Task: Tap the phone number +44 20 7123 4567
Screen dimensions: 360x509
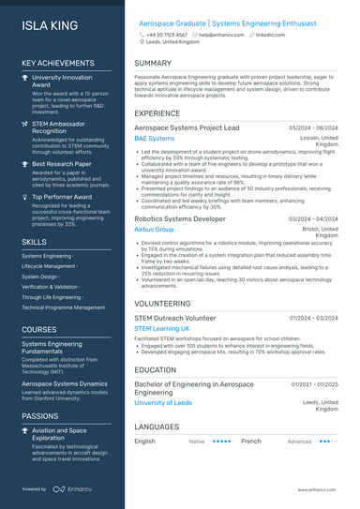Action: click(x=170, y=34)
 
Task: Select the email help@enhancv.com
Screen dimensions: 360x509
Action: click(x=221, y=34)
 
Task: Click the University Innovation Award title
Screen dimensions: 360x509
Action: click(x=62, y=82)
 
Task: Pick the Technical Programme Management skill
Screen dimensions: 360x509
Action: click(x=64, y=307)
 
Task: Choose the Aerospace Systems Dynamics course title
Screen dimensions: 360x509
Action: click(x=65, y=383)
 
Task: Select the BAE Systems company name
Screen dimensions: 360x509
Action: click(x=155, y=138)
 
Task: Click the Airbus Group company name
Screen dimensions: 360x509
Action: click(x=155, y=229)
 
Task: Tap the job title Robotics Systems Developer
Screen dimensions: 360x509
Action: click(x=180, y=217)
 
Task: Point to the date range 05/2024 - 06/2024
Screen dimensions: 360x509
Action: click(x=313, y=127)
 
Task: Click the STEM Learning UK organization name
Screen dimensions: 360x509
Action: click(x=162, y=329)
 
